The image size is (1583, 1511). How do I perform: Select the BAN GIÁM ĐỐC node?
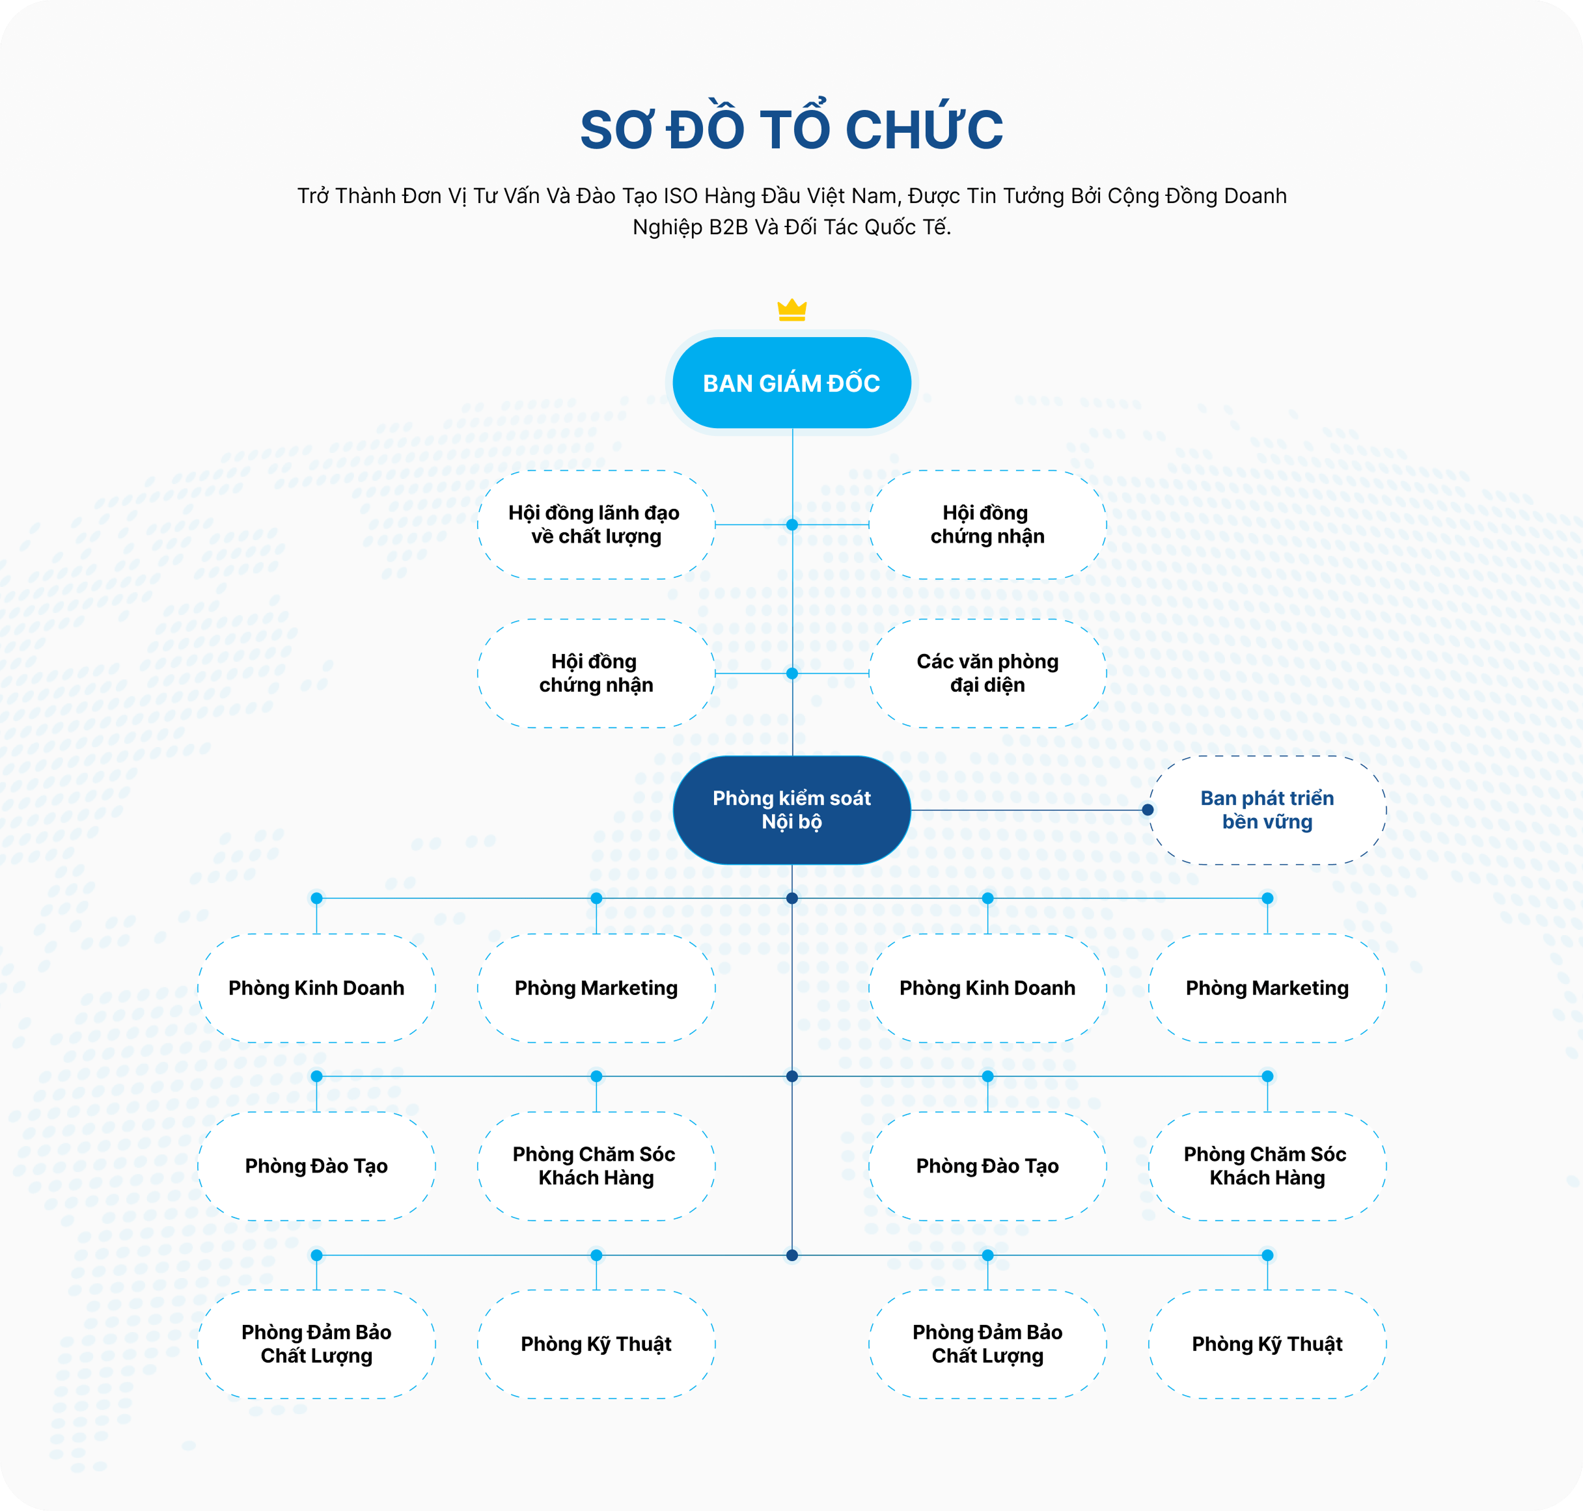(792, 383)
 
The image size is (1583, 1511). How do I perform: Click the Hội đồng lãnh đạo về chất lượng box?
(596, 524)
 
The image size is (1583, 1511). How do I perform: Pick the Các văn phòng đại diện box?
(987, 674)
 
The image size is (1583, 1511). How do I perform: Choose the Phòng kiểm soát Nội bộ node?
(792, 810)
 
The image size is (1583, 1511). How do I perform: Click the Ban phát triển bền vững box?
(1267, 810)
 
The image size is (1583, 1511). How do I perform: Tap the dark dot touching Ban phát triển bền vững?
(1148, 810)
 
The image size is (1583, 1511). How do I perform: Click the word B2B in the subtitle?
(729, 227)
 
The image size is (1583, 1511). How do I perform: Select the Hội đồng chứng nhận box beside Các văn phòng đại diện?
(596, 674)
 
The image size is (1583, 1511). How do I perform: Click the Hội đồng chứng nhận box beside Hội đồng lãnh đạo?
(987, 524)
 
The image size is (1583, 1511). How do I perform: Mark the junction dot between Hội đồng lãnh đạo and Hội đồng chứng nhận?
(792, 524)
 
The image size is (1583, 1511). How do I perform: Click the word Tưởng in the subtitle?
(1034, 196)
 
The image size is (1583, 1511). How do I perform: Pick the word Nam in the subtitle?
(881, 196)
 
